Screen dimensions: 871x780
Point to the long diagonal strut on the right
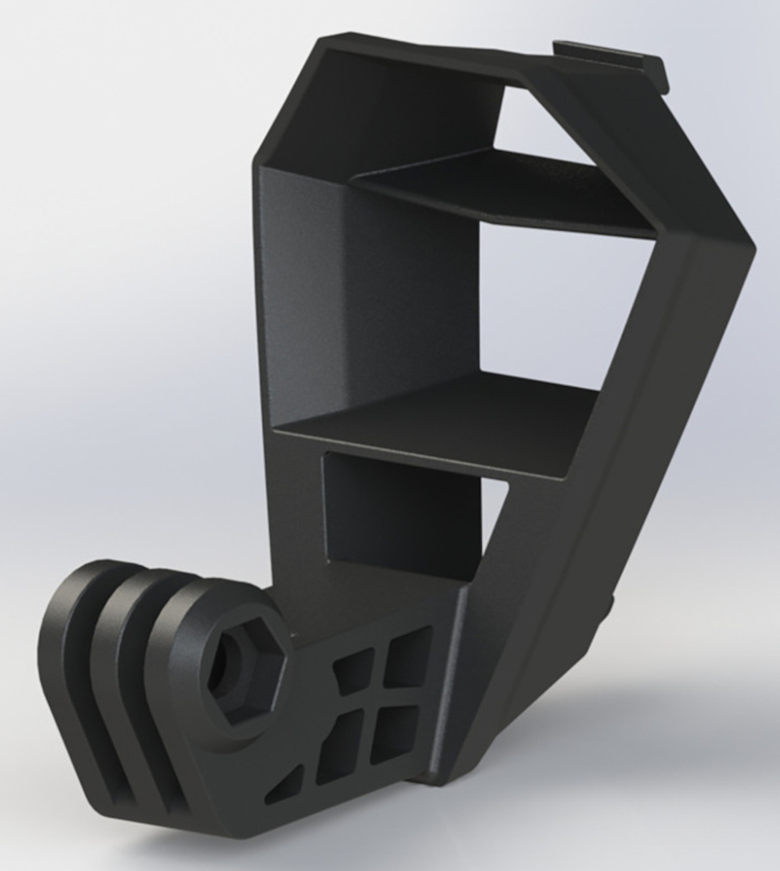click(596, 484)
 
